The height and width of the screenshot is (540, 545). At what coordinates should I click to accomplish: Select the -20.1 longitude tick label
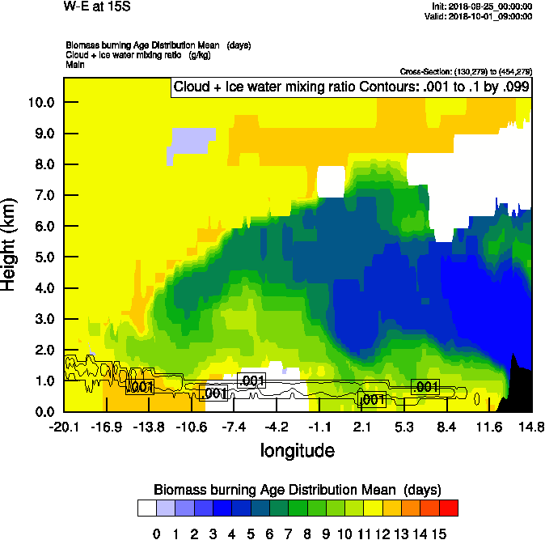click(x=63, y=427)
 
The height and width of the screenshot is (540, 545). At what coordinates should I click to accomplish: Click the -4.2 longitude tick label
click(x=277, y=427)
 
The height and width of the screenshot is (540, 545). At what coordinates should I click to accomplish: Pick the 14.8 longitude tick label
click(x=531, y=427)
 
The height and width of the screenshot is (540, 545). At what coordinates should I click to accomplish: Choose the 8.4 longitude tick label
click(x=446, y=427)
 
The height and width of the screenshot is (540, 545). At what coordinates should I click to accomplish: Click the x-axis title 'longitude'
click(x=297, y=449)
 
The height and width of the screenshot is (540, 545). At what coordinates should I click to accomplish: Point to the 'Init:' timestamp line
click(x=483, y=6)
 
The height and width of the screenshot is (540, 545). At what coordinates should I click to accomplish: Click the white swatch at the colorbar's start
click(x=146, y=508)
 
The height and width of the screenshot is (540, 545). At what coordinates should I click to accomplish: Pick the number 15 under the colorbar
click(x=439, y=533)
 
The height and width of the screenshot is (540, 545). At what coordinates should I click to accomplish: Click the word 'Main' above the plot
click(x=74, y=64)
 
